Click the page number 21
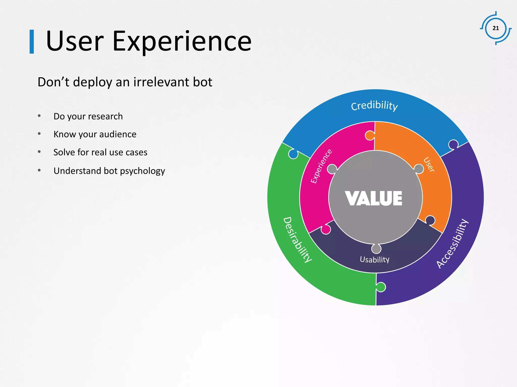pyautogui.click(x=496, y=28)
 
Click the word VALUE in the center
pyautogui.click(x=374, y=199)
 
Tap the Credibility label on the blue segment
pyautogui.click(x=374, y=105)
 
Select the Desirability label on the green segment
pyautogui.click(x=298, y=240)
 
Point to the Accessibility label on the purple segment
pyautogui.click(x=453, y=243)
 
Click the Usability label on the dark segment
pyautogui.click(x=375, y=260)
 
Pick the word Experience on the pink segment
pyautogui.click(x=321, y=166)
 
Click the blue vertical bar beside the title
pyautogui.click(x=32, y=42)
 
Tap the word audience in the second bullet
pyautogui.click(x=118, y=134)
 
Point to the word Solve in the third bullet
pyautogui.click(x=64, y=152)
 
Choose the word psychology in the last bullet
pyautogui.click(x=142, y=171)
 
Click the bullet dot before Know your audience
pyautogui.click(x=39, y=134)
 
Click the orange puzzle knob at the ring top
pyautogui.click(x=370, y=136)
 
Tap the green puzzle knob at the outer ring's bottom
pyautogui.click(x=381, y=287)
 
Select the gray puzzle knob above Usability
pyautogui.click(x=376, y=249)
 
